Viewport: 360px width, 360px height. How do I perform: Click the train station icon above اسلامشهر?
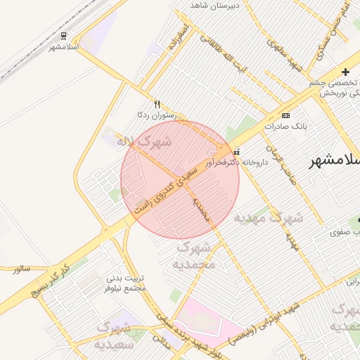coord(64,35)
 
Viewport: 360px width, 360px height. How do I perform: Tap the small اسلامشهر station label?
coord(63,47)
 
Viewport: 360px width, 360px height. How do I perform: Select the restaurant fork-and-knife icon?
coord(157,103)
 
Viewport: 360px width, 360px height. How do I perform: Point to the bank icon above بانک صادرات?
coord(285,115)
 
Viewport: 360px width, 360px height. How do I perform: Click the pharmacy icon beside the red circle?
coord(236,151)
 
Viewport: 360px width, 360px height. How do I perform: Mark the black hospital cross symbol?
coord(345,72)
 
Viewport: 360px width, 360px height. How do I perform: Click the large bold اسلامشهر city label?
coord(335,161)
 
